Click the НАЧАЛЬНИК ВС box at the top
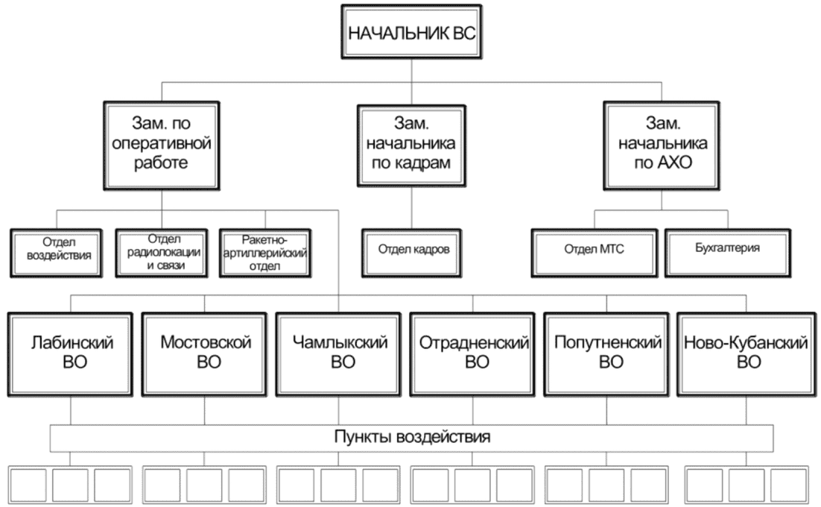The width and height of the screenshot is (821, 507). [x=411, y=33]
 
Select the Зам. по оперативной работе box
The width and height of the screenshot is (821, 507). [x=161, y=146]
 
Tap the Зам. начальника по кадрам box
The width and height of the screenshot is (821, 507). [x=411, y=146]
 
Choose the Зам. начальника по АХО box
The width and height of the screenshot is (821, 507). [x=662, y=145]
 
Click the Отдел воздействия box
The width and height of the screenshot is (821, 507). [x=57, y=253]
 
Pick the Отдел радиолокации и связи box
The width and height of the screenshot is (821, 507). [x=162, y=253]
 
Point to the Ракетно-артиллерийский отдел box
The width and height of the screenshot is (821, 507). [x=265, y=253]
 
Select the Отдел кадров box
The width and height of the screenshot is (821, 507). [x=411, y=253]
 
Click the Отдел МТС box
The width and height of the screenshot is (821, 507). [x=595, y=253]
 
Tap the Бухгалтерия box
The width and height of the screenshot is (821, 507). [x=728, y=253]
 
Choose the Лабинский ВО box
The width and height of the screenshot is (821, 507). [x=71, y=355]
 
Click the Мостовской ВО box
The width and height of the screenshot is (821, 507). [x=204, y=355]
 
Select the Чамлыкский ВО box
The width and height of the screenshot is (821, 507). [x=338, y=355]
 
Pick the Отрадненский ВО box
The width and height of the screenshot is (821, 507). [x=473, y=355]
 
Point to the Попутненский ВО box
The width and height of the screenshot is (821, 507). [x=607, y=355]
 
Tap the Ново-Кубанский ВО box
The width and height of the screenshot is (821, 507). [x=746, y=355]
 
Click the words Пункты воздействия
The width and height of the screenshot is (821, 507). [x=412, y=437]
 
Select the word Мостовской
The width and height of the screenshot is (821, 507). [x=206, y=342]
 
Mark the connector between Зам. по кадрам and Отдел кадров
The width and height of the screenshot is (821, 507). [x=411, y=209]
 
